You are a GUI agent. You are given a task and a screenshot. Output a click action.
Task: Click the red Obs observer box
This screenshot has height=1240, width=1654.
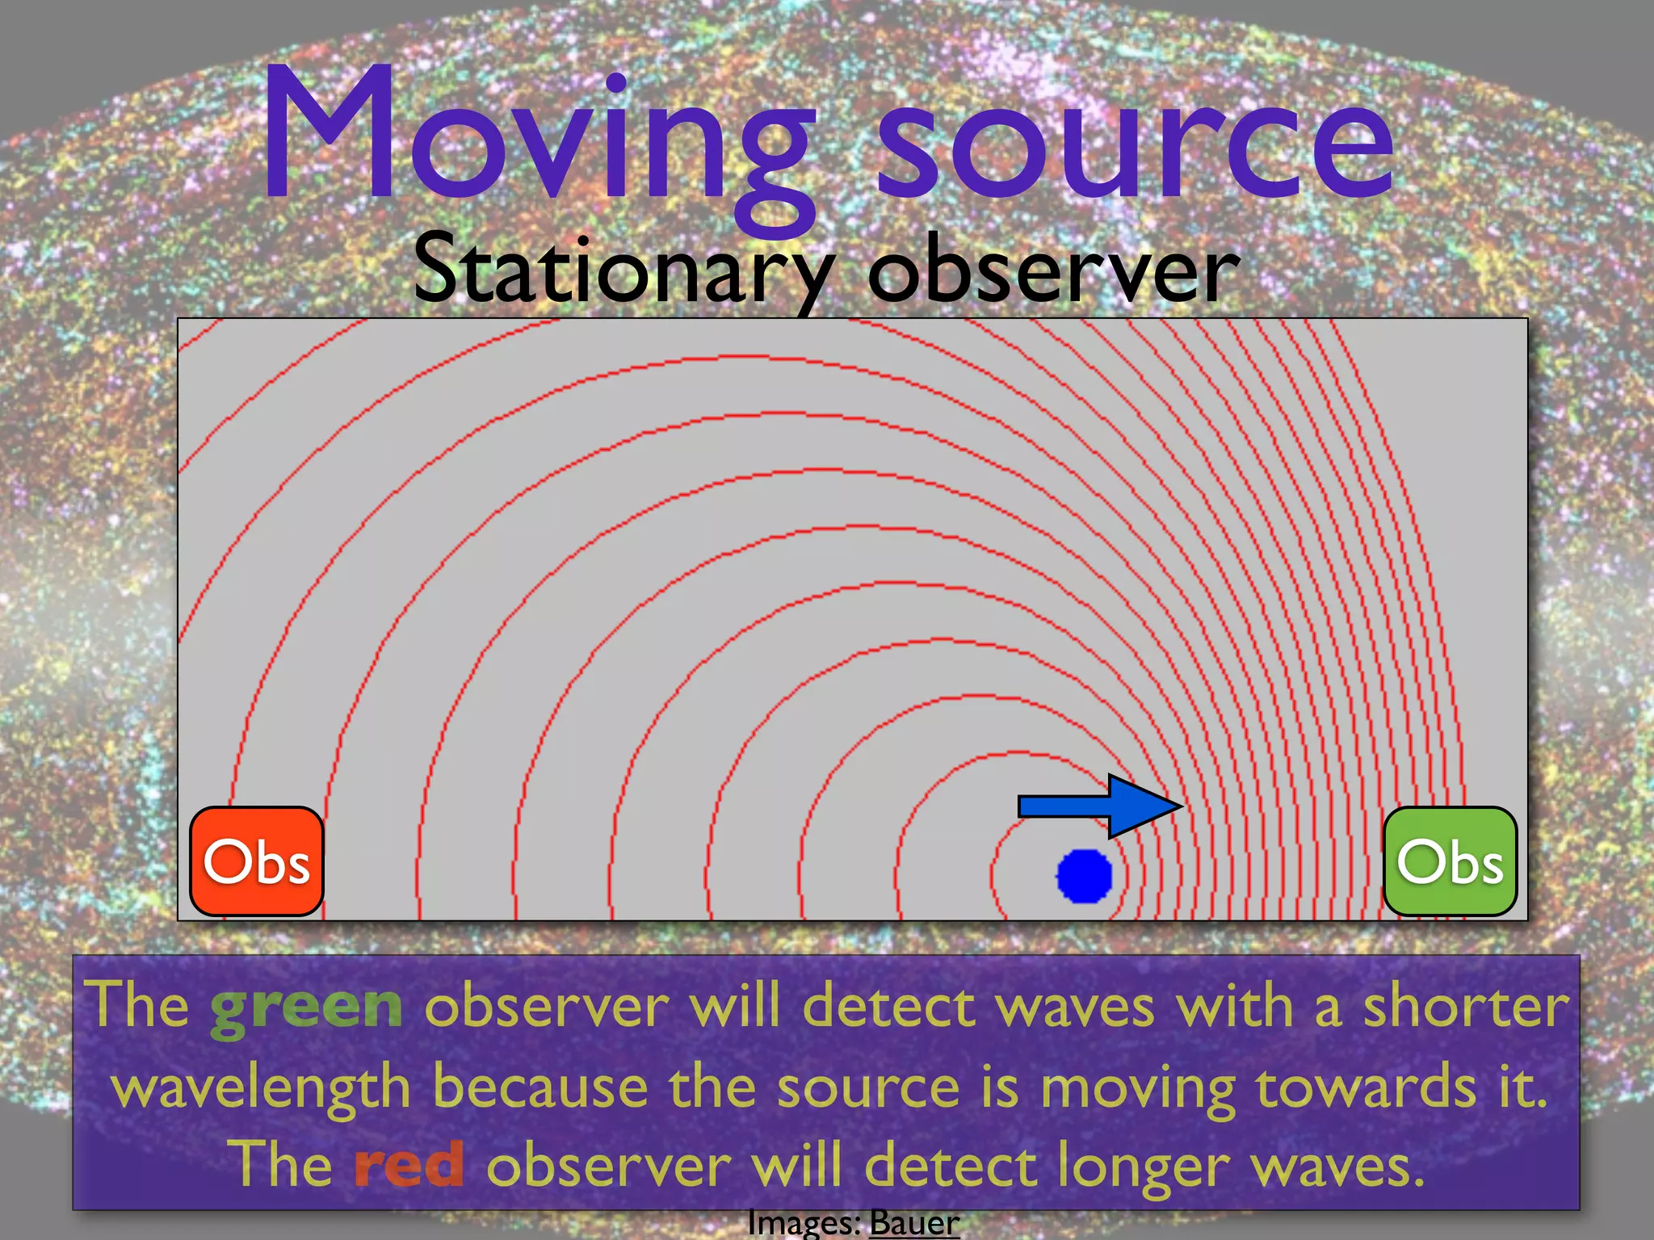(x=257, y=861)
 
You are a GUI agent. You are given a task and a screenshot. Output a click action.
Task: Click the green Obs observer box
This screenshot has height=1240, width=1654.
(x=1450, y=861)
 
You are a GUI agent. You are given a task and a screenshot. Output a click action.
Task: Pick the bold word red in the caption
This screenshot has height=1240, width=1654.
(x=409, y=1164)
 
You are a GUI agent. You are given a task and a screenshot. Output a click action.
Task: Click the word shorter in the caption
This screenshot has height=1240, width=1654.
(x=1466, y=1005)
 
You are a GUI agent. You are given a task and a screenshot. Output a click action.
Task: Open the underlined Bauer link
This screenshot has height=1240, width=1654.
(x=914, y=1222)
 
